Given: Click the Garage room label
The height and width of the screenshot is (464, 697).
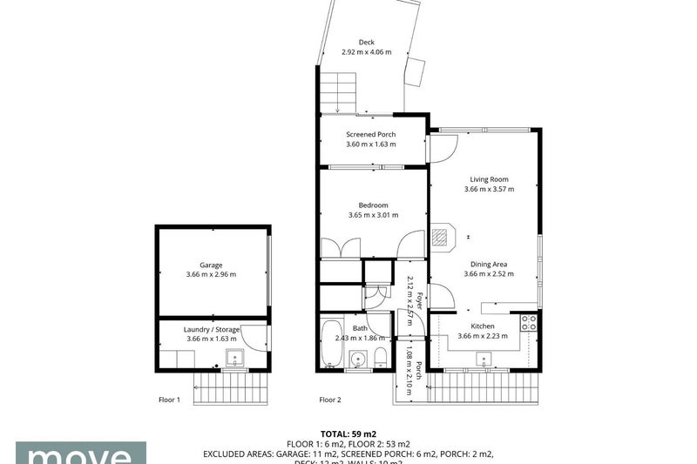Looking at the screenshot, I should point(211,265).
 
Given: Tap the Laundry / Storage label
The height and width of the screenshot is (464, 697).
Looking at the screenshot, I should point(211,329).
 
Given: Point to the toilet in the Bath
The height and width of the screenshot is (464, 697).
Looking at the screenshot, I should point(381,358).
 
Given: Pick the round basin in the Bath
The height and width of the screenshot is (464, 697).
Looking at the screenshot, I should point(357,359).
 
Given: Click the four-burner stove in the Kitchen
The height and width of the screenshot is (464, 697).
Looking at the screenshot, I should point(528,324).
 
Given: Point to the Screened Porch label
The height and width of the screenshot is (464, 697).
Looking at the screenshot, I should point(371,134).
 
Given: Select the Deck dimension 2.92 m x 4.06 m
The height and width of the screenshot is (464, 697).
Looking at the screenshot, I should point(367,52).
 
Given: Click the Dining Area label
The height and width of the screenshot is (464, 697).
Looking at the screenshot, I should point(489,264).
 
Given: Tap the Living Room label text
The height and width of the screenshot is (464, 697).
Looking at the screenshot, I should point(489,179).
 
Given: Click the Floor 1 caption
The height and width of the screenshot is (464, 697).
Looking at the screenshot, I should point(169,400).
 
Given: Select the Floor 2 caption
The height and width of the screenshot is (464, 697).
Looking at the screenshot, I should point(330,400).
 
